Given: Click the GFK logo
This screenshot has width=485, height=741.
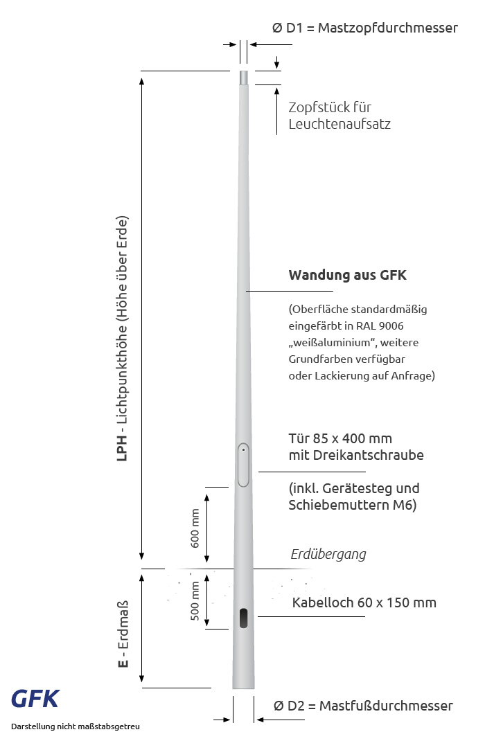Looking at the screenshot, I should [x=35, y=699].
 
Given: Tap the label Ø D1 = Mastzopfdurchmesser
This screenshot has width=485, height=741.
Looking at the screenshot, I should [x=365, y=28].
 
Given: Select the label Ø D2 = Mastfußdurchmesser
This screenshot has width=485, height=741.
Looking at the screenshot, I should [x=363, y=706].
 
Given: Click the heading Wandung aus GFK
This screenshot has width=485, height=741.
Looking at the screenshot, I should [x=347, y=275].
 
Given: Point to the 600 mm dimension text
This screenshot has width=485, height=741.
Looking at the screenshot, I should [x=195, y=528].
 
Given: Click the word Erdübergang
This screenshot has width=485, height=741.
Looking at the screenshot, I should [x=328, y=554].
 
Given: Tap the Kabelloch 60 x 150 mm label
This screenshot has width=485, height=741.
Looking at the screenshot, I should [x=364, y=602].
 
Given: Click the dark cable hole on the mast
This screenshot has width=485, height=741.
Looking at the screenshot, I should [x=243, y=618].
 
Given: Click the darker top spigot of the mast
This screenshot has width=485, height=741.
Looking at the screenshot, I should [x=243, y=78].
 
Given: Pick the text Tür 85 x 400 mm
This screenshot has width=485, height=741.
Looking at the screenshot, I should [x=340, y=439].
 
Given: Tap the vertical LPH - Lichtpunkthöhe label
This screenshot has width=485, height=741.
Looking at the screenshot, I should [x=122, y=339].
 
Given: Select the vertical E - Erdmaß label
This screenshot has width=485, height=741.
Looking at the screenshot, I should [x=123, y=645].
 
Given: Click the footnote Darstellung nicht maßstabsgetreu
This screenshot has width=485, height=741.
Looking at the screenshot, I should [x=76, y=727].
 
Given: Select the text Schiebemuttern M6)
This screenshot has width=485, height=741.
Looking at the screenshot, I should [x=352, y=506].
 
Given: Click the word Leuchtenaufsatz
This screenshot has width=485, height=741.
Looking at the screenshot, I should [x=339, y=125].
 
